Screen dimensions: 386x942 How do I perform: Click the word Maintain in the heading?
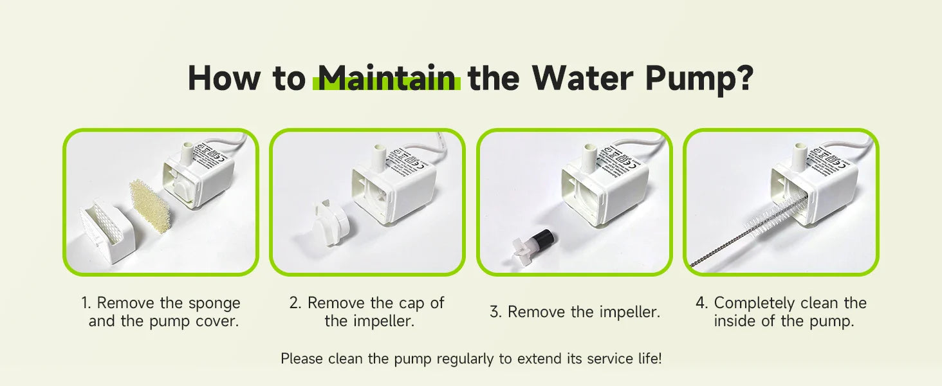coord(386,78)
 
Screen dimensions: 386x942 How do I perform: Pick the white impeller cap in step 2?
coord(331,223)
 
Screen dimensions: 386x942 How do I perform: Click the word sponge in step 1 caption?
coord(214,303)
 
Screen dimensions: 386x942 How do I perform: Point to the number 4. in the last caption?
coord(702,303)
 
